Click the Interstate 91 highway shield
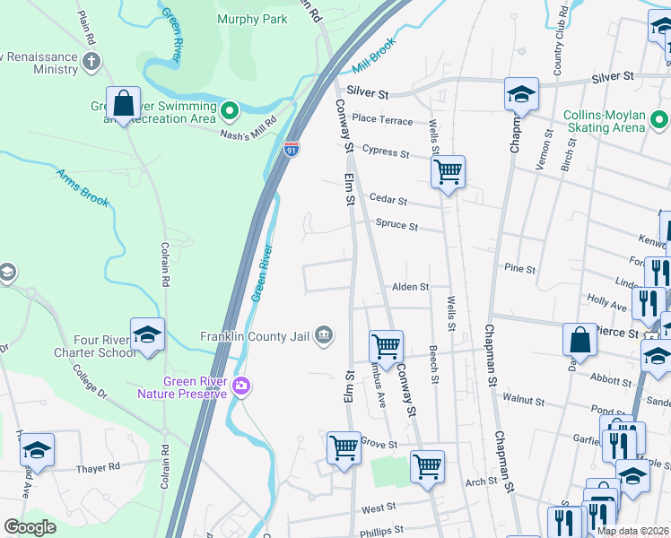coord(292,149)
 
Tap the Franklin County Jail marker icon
coord(324,337)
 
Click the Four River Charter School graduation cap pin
coord(148,335)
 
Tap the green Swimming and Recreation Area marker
coord(231,111)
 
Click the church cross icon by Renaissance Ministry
coord(91,61)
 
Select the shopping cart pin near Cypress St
coord(448,170)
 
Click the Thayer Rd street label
coord(99,467)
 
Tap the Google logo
coord(30,527)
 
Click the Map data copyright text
coord(632,531)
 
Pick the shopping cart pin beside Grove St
coord(344,447)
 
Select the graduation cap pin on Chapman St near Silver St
coord(521,93)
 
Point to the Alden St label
coord(410,287)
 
